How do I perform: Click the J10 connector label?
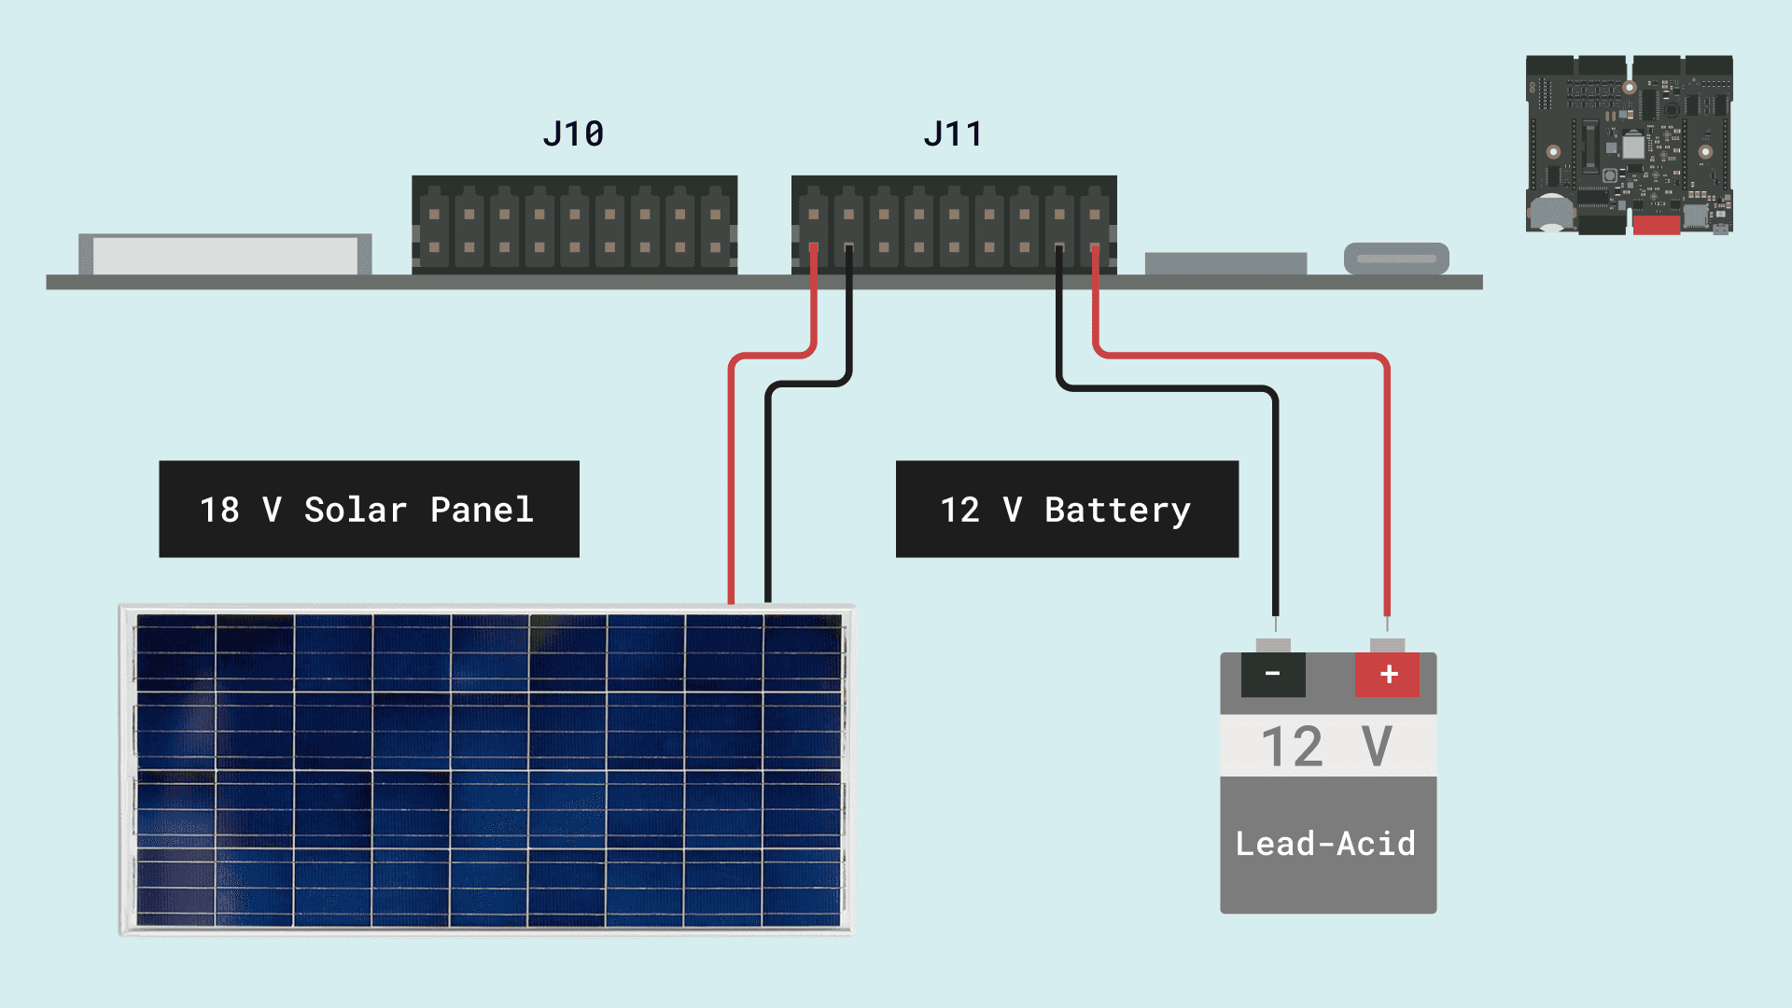point(573,134)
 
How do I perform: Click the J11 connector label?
point(953,134)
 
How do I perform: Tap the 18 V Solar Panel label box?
point(369,509)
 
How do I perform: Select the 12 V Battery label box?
point(1067,509)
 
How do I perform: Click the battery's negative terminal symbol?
point(1273,674)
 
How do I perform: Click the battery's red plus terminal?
point(1388,674)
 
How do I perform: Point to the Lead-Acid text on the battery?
point(1325,844)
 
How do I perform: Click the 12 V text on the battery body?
point(1326,746)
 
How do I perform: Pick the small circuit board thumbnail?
point(1629,144)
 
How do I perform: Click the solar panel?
point(486,770)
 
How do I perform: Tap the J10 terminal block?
point(574,224)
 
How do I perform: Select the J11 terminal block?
point(954,224)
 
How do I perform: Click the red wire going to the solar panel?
point(732,485)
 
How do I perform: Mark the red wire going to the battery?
point(1387,485)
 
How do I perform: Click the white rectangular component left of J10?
point(224,255)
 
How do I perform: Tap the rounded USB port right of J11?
point(1396,259)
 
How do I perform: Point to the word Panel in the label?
point(482,510)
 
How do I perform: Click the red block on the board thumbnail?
point(1656,224)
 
